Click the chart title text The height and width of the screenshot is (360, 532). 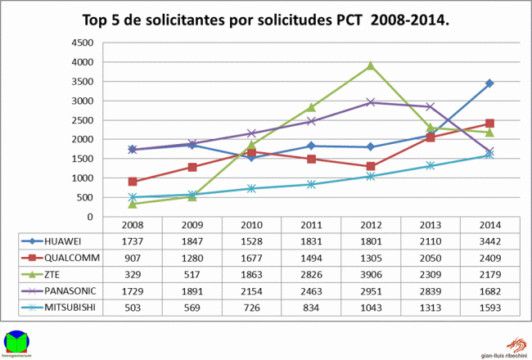point(266,17)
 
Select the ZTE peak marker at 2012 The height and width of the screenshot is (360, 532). point(370,65)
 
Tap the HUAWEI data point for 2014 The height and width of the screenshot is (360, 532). point(489,83)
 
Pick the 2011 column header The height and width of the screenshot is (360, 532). point(310,224)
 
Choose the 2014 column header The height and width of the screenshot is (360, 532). point(489,224)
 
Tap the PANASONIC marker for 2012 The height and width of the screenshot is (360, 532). point(370,102)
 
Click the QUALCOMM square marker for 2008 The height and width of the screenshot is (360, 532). point(133,182)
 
